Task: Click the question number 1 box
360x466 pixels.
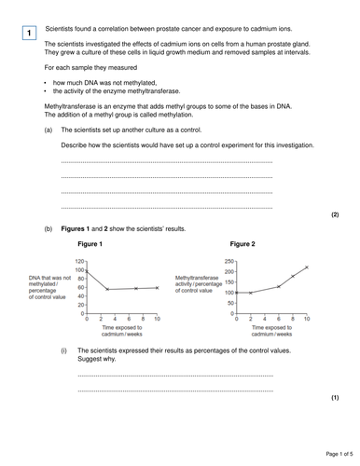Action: pyautogui.click(x=29, y=34)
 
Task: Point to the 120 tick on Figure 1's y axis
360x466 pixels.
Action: pyautogui.click(x=80, y=261)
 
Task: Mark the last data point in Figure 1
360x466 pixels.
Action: pyautogui.click(x=157, y=288)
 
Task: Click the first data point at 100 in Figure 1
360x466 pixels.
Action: pyautogui.click(x=87, y=270)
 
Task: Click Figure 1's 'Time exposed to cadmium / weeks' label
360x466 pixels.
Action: pyautogui.click(x=122, y=333)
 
